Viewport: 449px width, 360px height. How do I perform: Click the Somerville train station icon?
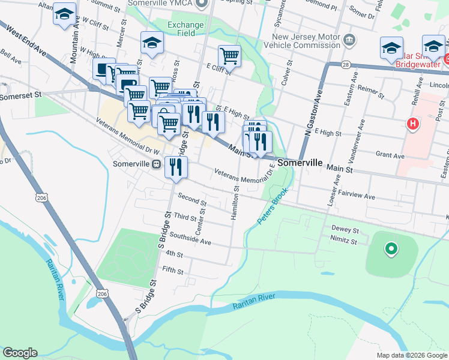(156, 164)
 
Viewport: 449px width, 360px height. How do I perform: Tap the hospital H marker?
(412, 124)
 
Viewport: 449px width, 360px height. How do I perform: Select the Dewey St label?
(345, 230)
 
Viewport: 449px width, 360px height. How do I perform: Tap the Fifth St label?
(172, 271)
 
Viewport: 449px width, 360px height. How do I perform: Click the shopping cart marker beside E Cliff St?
(229, 56)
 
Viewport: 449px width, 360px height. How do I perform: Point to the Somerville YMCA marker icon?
(202, 4)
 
